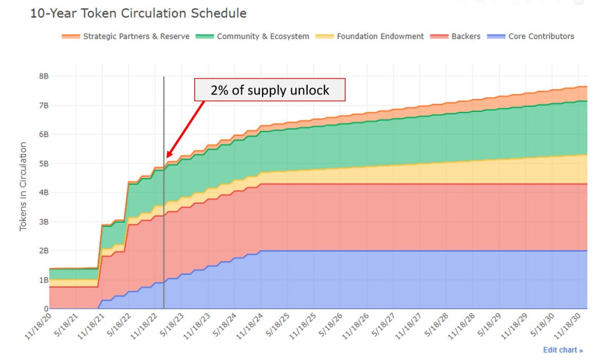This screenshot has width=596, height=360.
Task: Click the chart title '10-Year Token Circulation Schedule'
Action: [x=138, y=14]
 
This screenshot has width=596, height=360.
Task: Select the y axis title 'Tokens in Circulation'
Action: [x=23, y=186]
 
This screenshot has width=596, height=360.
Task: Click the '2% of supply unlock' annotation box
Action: [x=270, y=90]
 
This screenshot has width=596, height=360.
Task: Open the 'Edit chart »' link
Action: [x=562, y=350]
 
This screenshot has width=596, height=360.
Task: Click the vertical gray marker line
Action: [x=164, y=210]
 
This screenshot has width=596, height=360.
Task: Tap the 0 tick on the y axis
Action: [x=46, y=309]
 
